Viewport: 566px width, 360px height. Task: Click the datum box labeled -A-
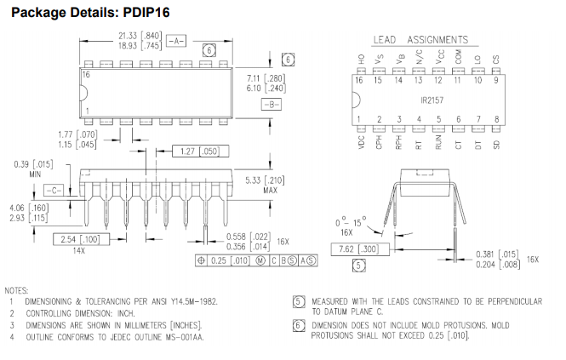click(x=176, y=40)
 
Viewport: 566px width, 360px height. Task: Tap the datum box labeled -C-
click(x=54, y=189)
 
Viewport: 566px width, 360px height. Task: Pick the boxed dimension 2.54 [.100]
click(x=77, y=239)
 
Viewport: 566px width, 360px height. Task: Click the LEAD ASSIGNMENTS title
click(x=420, y=39)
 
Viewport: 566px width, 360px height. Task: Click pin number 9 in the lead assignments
click(x=495, y=80)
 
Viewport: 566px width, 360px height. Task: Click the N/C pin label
click(x=419, y=57)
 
